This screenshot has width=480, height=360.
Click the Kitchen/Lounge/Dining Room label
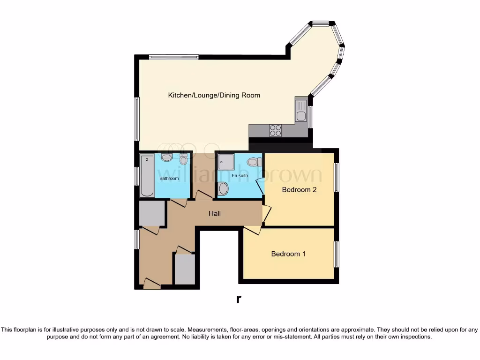[x=214, y=95]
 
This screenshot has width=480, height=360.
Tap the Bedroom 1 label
[x=288, y=254]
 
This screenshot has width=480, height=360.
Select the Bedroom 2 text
[x=299, y=190]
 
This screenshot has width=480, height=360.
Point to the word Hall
[x=214, y=214]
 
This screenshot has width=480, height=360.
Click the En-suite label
[x=240, y=176]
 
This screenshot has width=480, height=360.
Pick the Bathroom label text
[x=169, y=179]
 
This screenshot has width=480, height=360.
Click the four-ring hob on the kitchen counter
[x=275, y=130]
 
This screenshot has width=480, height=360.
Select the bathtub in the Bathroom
[x=146, y=176]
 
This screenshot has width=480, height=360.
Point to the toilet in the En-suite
[x=253, y=162]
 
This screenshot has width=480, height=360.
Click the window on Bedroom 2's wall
[x=336, y=177]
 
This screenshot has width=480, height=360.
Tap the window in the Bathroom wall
[x=137, y=176]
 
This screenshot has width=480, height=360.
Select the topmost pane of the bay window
[x=321, y=22]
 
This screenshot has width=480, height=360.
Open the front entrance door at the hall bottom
[x=151, y=284]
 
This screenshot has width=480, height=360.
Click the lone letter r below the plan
[x=239, y=299]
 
